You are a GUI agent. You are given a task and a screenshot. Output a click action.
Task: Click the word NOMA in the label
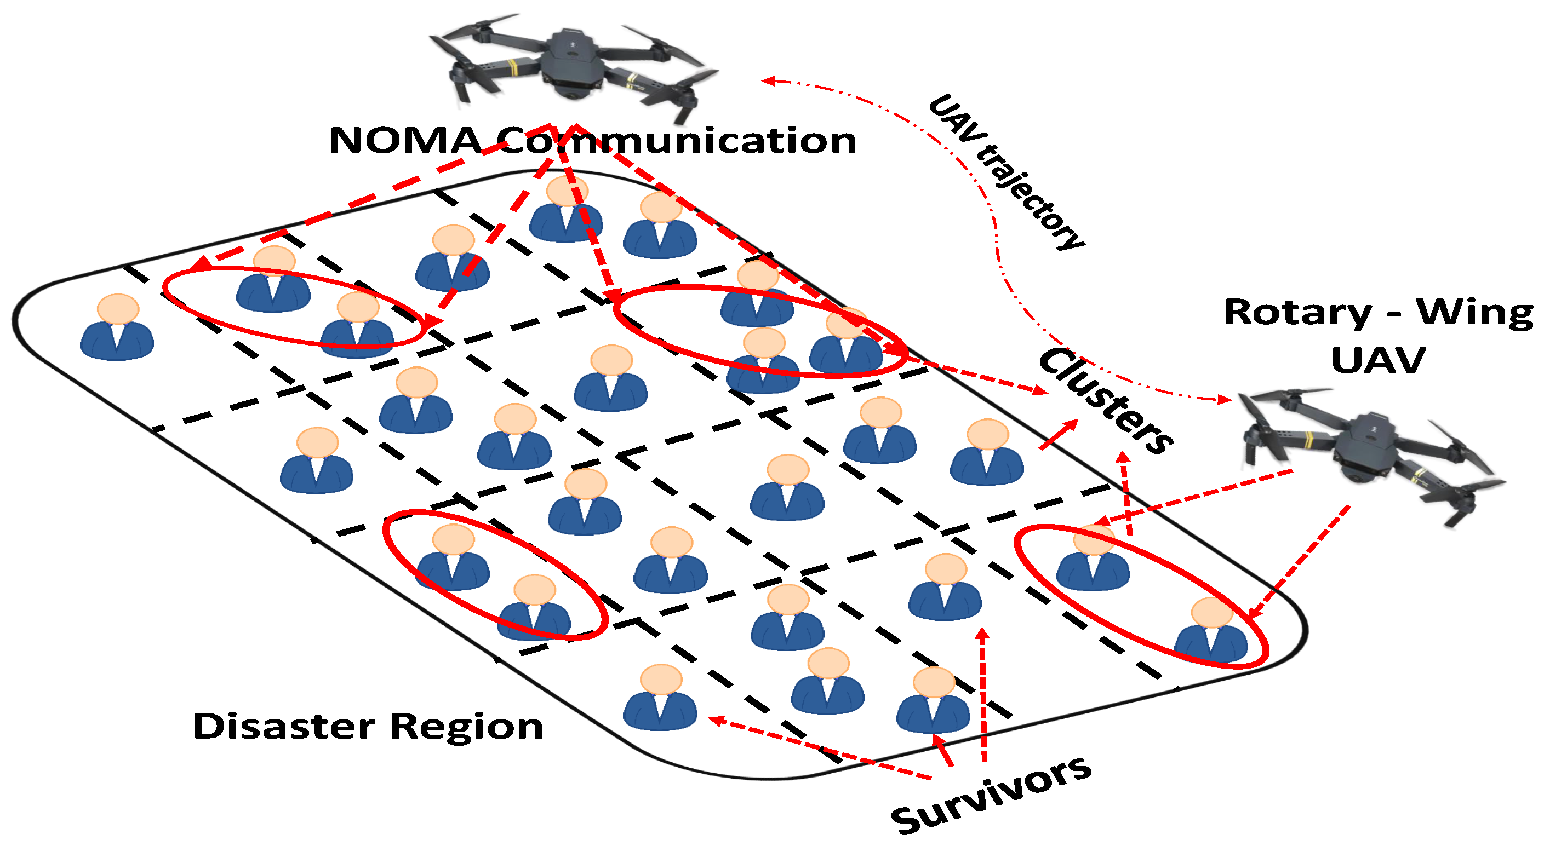pyautogui.click(x=405, y=141)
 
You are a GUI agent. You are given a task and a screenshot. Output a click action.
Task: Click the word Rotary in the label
pyautogui.click(x=1297, y=313)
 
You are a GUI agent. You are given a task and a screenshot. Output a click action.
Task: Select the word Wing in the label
pyautogui.click(x=1474, y=313)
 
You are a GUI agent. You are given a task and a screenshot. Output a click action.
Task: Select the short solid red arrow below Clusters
pyautogui.click(x=1059, y=434)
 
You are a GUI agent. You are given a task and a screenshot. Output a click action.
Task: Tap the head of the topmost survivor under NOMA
pyautogui.click(x=567, y=191)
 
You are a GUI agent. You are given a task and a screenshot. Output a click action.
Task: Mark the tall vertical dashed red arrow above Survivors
pyautogui.click(x=983, y=695)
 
